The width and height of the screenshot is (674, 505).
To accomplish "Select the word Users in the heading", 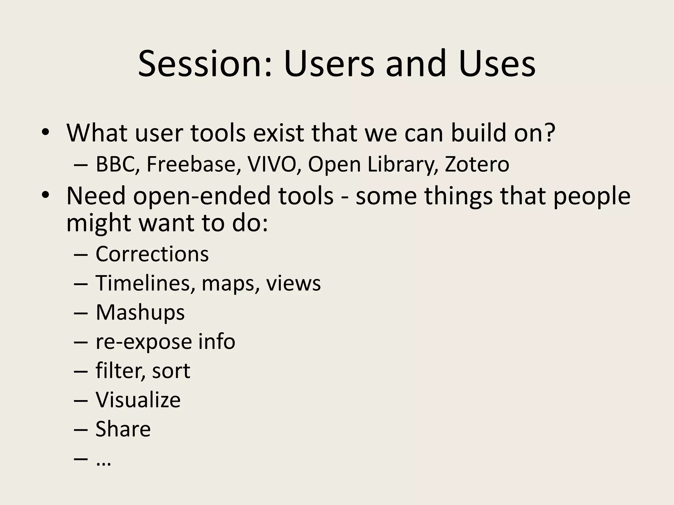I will click(329, 63).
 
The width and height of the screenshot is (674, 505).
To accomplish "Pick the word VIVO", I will click(272, 164).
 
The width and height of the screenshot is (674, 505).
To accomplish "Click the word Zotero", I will click(477, 164).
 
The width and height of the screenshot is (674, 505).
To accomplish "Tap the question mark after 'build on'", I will click(549, 133).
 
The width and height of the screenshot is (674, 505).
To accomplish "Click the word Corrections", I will click(152, 254).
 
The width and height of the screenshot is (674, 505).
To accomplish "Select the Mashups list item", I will click(140, 312).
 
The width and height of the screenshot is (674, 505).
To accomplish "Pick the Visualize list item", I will click(138, 400).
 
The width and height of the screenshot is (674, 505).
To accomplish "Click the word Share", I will click(123, 429).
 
